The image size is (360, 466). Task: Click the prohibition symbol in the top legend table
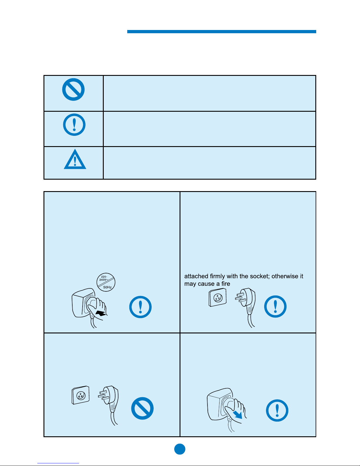[x=73, y=90]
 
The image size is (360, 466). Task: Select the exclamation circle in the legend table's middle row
[x=74, y=125]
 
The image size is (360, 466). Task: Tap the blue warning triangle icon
[x=75, y=160]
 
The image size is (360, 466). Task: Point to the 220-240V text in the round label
[x=104, y=278]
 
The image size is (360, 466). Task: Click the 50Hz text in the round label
[x=107, y=287]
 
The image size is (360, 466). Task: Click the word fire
[x=226, y=284]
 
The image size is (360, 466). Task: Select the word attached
[x=196, y=276]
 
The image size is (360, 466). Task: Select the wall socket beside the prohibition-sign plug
[x=81, y=395]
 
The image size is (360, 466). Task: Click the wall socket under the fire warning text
[x=217, y=298]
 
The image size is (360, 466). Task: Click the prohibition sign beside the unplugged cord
[x=142, y=408]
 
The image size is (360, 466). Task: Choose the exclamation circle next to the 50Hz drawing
[x=140, y=307]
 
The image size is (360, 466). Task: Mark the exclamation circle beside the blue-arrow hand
[x=277, y=410]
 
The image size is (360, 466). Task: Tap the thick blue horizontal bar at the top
[x=222, y=31]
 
